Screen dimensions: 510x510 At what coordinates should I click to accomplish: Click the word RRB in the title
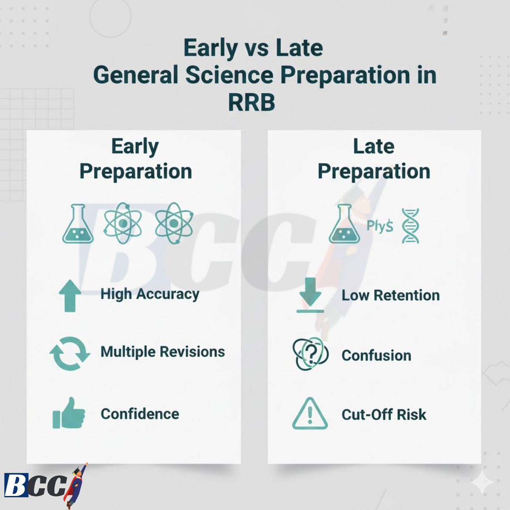coord(252,102)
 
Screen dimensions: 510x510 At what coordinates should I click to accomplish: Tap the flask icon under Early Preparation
coord(78,224)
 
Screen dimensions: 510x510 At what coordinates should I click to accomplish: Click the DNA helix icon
coord(410,226)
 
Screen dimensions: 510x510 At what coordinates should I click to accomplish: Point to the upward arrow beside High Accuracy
coord(70,296)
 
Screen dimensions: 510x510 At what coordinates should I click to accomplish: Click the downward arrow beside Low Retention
coord(310,295)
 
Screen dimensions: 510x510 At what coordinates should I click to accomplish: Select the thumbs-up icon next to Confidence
coord(69,414)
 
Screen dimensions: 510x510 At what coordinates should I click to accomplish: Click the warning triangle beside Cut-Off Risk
coord(310,414)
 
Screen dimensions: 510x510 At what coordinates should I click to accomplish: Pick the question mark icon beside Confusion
coord(311,354)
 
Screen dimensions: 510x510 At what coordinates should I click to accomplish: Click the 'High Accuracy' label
coord(150,294)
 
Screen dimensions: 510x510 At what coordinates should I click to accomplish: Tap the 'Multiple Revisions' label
coord(162,352)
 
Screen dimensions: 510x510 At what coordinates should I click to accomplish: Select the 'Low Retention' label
coord(390,295)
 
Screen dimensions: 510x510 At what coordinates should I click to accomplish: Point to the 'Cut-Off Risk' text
coord(383,414)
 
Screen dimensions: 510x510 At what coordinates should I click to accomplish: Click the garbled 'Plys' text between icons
coord(380,226)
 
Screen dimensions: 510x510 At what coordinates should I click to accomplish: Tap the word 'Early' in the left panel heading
coord(135,147)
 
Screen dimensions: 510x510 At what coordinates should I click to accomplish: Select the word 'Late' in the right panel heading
coord(374,147)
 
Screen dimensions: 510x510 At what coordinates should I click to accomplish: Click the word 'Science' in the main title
coord(229,75)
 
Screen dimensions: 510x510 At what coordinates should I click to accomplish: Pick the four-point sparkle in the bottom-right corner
coord(483,482)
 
